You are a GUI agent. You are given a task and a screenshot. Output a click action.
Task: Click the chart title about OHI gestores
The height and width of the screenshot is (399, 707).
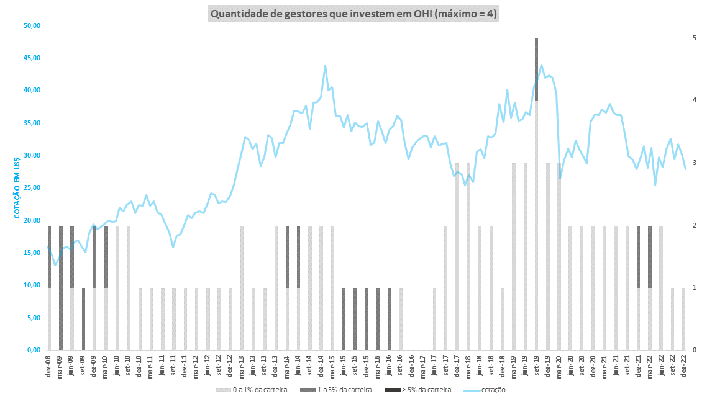353,13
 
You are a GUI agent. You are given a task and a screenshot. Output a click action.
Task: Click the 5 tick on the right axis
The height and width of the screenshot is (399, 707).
694,38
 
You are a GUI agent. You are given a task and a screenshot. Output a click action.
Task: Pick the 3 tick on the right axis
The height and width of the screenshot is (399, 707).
694,163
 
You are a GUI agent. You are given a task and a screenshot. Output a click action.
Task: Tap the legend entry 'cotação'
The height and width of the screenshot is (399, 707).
488,390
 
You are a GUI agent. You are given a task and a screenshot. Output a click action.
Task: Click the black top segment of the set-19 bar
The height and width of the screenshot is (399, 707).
536,68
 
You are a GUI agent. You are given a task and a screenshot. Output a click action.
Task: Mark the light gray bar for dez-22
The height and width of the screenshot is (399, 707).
684,319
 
